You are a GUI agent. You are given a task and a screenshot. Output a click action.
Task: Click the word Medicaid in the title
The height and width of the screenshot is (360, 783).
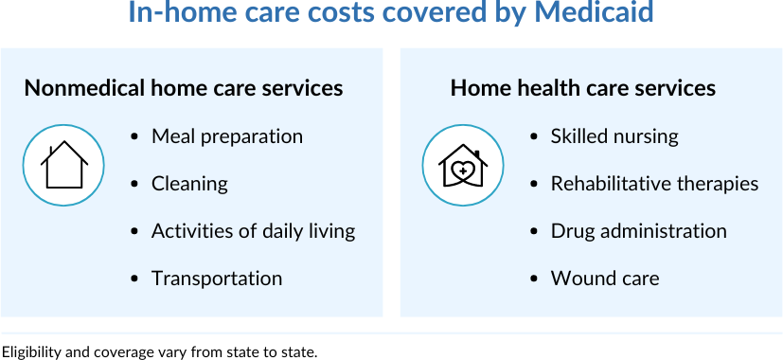(594, 11)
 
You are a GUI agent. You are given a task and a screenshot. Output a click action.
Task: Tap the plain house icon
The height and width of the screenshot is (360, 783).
(64, 165)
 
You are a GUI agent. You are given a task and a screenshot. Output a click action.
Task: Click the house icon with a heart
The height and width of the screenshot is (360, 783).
(463, 166)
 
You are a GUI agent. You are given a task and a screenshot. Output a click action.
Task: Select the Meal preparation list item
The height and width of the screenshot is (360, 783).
(227, 136)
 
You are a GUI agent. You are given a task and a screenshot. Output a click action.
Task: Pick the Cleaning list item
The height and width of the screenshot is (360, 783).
(189, 184)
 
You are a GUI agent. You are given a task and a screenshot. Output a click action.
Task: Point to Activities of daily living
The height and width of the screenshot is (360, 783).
(254, 231)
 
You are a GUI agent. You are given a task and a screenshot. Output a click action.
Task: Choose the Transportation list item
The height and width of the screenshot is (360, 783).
(217, 279)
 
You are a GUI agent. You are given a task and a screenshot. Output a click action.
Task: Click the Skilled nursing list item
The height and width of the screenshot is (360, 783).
(614, 136)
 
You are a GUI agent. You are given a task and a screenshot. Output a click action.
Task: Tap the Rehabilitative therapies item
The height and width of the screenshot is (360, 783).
(654, 184)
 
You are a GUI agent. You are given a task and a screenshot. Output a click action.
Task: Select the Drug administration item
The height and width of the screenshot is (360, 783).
(639, 231)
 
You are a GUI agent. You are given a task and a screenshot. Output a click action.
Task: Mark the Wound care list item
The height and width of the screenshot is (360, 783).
(605, 279)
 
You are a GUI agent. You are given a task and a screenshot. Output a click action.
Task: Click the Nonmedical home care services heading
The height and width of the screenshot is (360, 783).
(184, 88)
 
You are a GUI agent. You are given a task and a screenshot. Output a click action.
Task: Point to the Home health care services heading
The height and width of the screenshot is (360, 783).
(583, 88)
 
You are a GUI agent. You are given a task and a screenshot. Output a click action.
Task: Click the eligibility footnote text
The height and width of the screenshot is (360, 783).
(159, 352)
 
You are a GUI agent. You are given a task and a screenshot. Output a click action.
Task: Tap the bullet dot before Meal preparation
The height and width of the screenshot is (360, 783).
(133, 136)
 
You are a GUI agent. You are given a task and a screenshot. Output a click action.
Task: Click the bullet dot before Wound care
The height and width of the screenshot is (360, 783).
(533, 279)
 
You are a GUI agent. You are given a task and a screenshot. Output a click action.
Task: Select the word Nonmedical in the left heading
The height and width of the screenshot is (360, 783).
(84, 88)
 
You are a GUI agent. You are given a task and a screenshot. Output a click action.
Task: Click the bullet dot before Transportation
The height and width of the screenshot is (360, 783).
(133, 279)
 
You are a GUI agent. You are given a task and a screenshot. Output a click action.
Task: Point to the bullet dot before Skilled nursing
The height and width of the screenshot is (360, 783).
(533, 136)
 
